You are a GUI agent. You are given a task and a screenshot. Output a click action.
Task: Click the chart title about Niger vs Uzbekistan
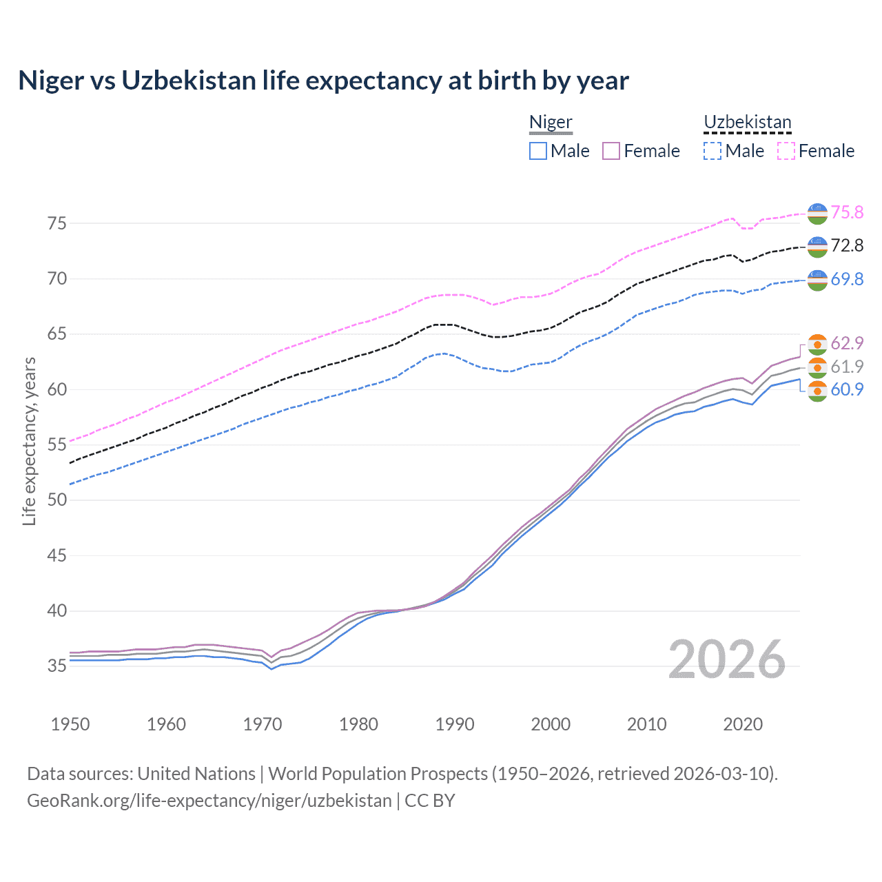[x=323, y=81]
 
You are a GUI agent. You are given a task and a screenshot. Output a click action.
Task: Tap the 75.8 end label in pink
[x=847, y=212]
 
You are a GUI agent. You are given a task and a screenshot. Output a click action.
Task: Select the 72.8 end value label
[x=847, y=245]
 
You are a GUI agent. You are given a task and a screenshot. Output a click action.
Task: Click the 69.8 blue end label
[x=847, y=279]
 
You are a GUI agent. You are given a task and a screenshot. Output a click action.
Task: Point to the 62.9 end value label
[x=847, y=343]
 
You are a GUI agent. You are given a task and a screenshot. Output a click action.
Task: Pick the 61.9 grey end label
[x=847, y=367]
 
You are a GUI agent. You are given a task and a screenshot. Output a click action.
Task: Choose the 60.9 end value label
[x=847, y=389]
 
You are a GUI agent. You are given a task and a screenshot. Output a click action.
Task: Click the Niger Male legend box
[x=538, y=151]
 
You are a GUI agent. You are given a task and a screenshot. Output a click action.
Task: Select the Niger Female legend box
[x=611, y=151]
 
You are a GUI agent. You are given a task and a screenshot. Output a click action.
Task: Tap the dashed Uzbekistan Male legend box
[x=712, y=151]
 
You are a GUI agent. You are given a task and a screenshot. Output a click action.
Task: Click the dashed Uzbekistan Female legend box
[x=786, y=151]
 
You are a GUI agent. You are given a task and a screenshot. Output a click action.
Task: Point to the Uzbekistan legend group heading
[x=748, y=122]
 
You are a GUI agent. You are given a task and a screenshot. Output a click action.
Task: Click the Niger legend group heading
[x=551, y=122]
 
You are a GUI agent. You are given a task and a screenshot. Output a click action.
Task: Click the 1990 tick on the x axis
[x=455, y=724]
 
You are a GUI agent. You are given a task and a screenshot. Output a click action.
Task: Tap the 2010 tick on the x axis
[x=646, y=724]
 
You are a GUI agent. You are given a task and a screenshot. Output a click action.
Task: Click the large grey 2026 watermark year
[x=727, y=659]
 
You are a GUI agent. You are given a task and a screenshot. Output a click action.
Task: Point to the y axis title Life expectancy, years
[x=29, y=441]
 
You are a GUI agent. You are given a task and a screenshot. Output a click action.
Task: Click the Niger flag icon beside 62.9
[x=817, y=344]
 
